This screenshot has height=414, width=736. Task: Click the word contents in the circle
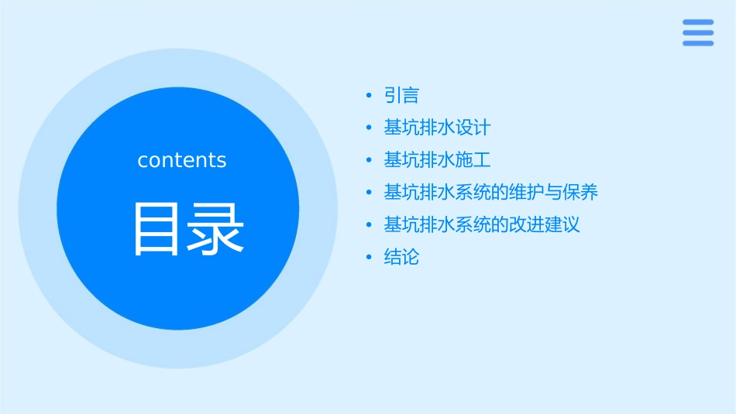point(182,160)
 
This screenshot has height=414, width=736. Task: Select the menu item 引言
point(401,96)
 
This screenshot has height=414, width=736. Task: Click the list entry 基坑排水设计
point(437,128)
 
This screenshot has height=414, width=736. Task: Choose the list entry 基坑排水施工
point(437,160)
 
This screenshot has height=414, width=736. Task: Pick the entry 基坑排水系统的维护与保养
point(490,192)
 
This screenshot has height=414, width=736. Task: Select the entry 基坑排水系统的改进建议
point(482,224)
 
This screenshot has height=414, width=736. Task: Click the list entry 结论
point(401,257)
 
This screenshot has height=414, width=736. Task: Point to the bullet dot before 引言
point(370,96)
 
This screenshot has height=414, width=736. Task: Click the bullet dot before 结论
point(370,257)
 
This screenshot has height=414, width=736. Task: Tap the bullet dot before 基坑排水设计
point(370,128)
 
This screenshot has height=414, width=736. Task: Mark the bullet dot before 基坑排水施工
point(370,160)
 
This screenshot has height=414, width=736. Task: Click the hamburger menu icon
point(698,33)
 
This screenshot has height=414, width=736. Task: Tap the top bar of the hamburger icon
point(698,22)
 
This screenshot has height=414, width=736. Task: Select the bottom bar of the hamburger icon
point(698,43)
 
